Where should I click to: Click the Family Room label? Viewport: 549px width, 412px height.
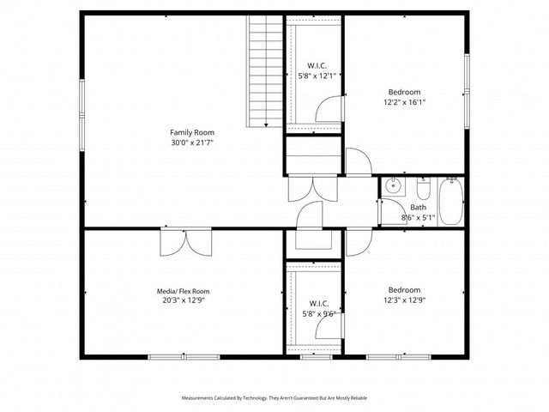coord(191,132)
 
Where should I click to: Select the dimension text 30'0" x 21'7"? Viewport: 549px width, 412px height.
coord(191,142)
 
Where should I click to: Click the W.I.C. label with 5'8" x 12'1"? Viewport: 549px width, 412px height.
coord(316,65)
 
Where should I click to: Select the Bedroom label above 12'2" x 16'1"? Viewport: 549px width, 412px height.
coord(404,92)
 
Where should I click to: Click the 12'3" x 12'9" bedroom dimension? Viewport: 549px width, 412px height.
coord(404,300)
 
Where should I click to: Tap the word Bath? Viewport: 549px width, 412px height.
coord(418,207)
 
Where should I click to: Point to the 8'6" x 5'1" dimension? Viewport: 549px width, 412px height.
coord(419,217)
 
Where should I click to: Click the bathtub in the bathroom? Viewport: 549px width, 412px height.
coord(450,201)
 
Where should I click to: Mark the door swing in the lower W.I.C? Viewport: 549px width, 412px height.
coord(326,328)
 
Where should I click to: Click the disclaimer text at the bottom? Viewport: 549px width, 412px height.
coord(274,398)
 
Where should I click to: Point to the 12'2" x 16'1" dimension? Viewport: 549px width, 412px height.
coord(404,102)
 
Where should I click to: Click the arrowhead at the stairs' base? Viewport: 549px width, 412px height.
coord(267,126)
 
